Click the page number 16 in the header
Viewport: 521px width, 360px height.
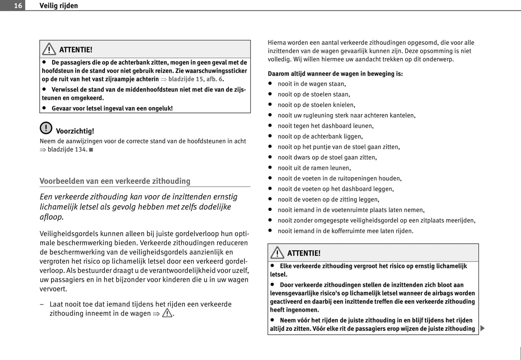point(18,5)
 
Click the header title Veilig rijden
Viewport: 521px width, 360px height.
point(58,5)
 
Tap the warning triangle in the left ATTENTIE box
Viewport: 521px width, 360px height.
point(49,49)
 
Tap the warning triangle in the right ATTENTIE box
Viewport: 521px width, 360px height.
point(277,253)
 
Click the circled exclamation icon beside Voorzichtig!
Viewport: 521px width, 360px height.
point(46,128)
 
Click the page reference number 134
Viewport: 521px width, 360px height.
point(81,149)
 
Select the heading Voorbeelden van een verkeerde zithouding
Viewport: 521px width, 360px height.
point(115,181)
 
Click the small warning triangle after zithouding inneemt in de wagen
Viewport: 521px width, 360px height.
point(167,313)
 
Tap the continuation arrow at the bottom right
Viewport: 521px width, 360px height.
point(482,328)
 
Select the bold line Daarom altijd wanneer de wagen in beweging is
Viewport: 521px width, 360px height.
point(335,74)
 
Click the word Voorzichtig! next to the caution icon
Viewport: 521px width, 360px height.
point(75,131)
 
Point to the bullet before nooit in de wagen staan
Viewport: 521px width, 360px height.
point(270,84)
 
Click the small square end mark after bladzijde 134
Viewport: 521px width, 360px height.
point(91,150)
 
